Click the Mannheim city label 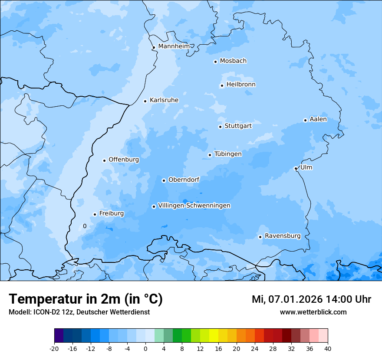(174, 46)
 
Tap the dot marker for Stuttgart (220, 127)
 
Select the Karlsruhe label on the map (164, 100)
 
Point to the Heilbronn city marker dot (222, 85)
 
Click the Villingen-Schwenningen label (194, 206)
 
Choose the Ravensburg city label (283, 236)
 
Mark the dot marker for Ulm (296, 168)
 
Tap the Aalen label (318, 119)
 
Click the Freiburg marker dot (95, 214)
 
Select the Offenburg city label (124, 160)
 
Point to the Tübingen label (228, 154)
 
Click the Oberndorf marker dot (164, 180)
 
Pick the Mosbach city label (233, 61)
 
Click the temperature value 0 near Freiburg (85, 226)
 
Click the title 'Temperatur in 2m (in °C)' (86, 299)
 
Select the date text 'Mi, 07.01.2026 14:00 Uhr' (311, 299)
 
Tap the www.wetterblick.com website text (313, 312)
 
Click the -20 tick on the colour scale (54, 348)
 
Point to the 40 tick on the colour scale (328, 348)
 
